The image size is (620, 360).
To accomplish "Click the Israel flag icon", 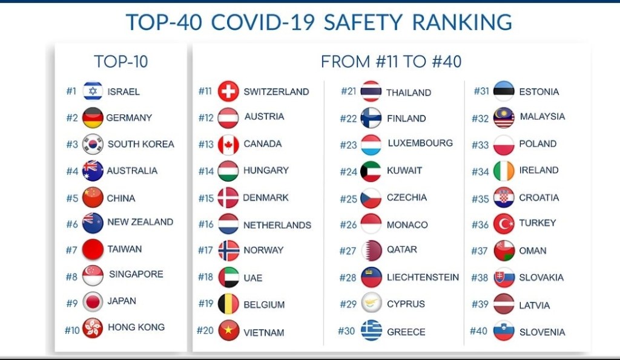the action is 93,91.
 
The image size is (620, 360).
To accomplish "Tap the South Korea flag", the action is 93,144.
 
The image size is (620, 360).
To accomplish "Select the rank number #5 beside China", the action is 73,198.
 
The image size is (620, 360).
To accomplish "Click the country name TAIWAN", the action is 125,249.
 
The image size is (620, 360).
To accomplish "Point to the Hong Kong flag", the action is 93,328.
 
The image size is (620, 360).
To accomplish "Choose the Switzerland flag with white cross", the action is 228,91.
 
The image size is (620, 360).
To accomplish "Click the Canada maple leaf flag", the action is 228,145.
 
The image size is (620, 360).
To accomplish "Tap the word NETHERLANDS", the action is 277,225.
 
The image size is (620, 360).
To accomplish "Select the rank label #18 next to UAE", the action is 206,277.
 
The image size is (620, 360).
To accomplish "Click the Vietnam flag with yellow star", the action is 228,330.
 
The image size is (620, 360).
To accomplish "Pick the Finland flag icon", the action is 371,118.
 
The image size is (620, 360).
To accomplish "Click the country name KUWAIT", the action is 404,170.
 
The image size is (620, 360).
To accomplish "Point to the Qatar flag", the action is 371,250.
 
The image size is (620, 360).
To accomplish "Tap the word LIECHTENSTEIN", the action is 423,277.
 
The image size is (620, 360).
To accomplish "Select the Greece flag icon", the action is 371,330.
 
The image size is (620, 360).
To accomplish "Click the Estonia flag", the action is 504,91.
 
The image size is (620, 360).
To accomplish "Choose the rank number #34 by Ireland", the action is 480,171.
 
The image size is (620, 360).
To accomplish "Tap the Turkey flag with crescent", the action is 504,224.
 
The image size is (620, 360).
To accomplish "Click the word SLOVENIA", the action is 542,332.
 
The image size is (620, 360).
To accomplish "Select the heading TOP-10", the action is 121,62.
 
